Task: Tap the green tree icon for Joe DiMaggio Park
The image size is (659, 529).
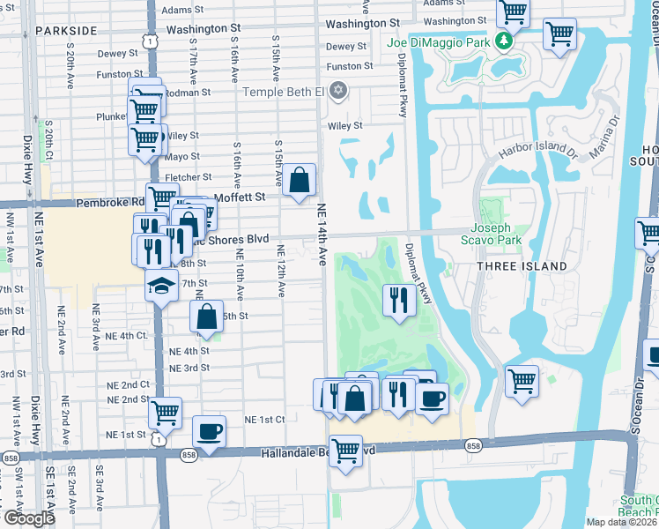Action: [503, 41]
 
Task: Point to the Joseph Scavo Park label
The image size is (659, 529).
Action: [492, 233]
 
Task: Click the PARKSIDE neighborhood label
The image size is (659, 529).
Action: [67, 30]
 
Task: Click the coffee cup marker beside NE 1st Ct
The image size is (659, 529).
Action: [209, 431]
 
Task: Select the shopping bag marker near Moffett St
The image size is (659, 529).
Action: [300, 180]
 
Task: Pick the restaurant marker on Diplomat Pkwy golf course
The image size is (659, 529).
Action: [398, 300]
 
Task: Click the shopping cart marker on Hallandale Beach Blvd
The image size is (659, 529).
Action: [345, 451]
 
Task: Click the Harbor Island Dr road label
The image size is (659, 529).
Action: [537, 152]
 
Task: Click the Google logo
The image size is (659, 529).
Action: [29, 518]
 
